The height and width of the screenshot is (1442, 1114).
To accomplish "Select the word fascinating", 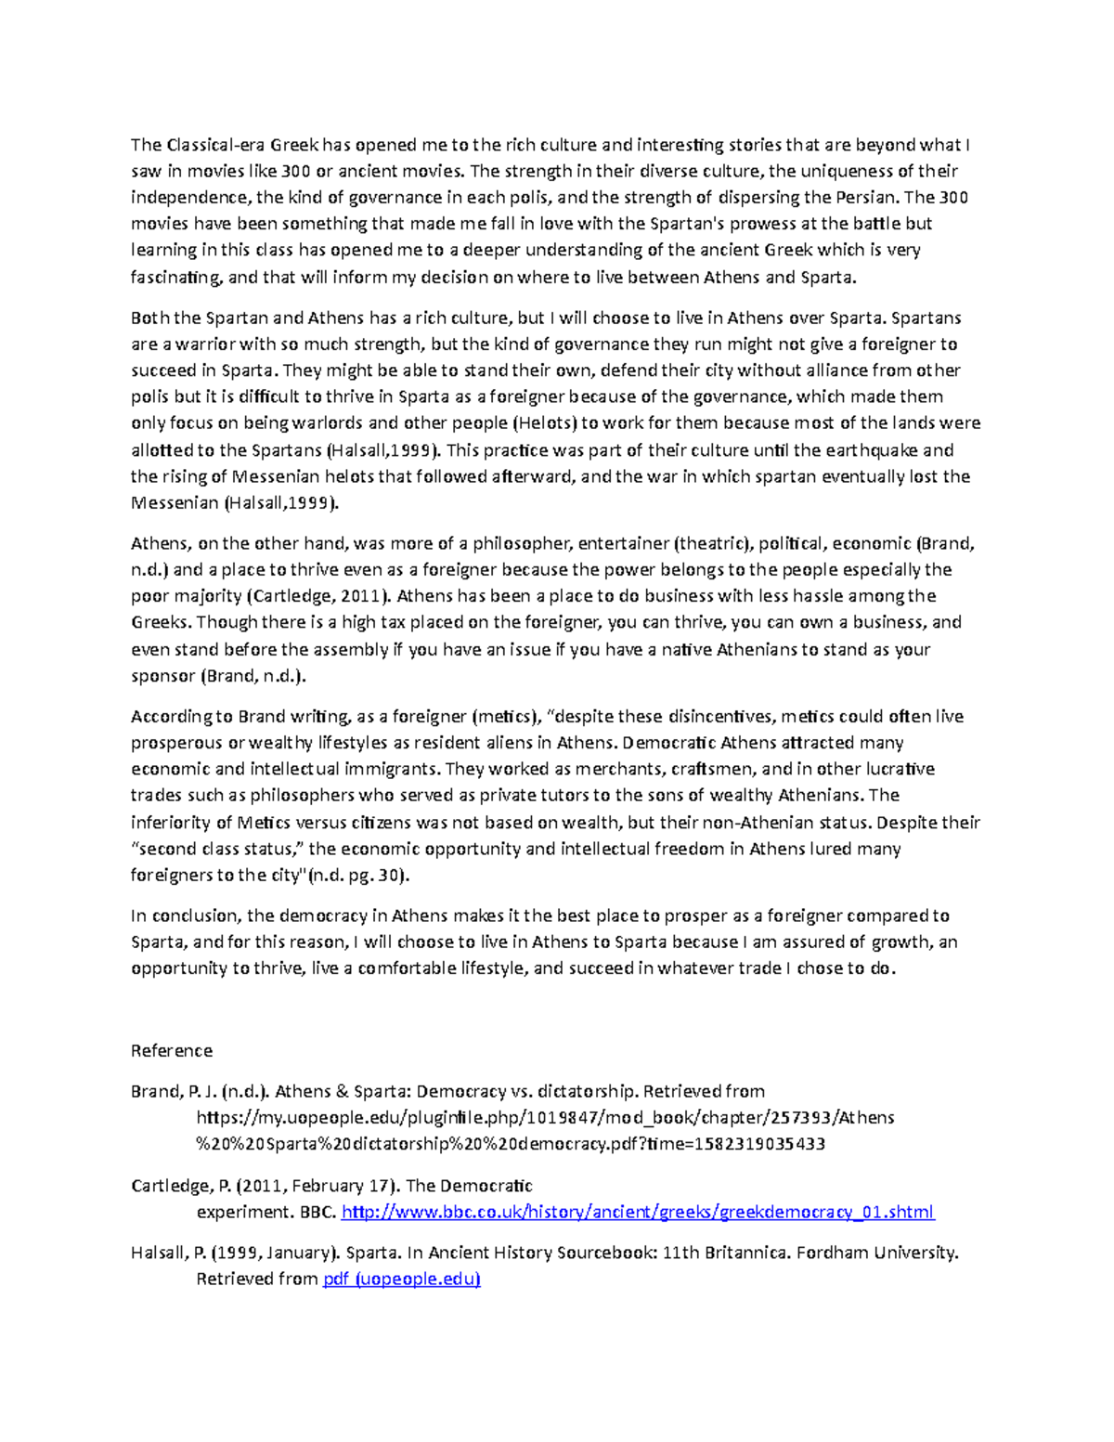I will [x=176, y=277].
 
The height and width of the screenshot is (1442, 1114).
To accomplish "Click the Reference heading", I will [x=172, y=1050].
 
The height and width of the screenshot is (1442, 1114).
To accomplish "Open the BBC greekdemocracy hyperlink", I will [x=638, y=1212].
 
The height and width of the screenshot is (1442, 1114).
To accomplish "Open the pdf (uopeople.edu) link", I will [x=401, y=1280].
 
